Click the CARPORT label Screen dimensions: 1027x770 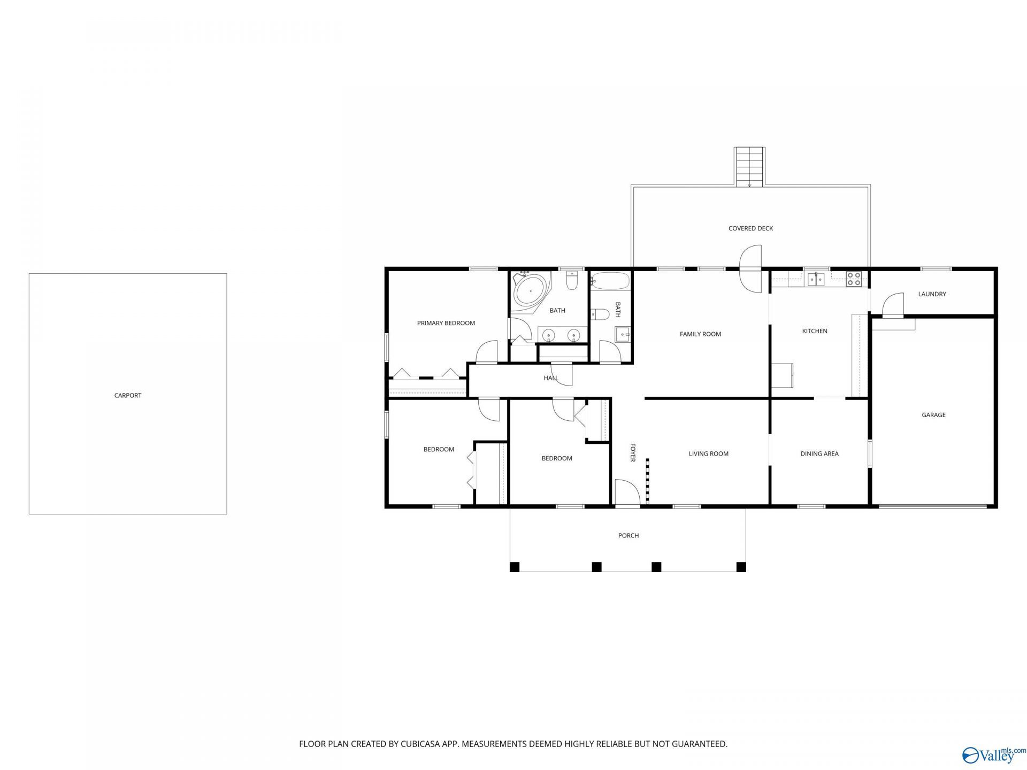click(128, 396)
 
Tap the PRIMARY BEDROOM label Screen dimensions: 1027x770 click(446, 323)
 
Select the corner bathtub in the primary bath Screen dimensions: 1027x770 click(531, 292)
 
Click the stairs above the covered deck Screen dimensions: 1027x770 click(750, 167)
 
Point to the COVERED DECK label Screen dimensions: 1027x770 click(750, 228)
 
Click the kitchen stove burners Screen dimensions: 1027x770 click(854, 278)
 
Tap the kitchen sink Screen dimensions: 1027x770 click(816, 279)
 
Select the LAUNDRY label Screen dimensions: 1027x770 click(932, 294)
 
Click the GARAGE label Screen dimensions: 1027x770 click(933, 415)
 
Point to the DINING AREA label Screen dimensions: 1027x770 click(819, 454)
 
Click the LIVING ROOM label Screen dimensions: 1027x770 click(709, 454)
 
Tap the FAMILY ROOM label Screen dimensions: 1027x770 click(700, 334)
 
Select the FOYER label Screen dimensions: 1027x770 click(633, 452)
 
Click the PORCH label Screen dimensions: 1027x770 click(629, 535)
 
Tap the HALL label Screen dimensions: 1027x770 click(551, 378)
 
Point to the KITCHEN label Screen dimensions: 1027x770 click(815, 332)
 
